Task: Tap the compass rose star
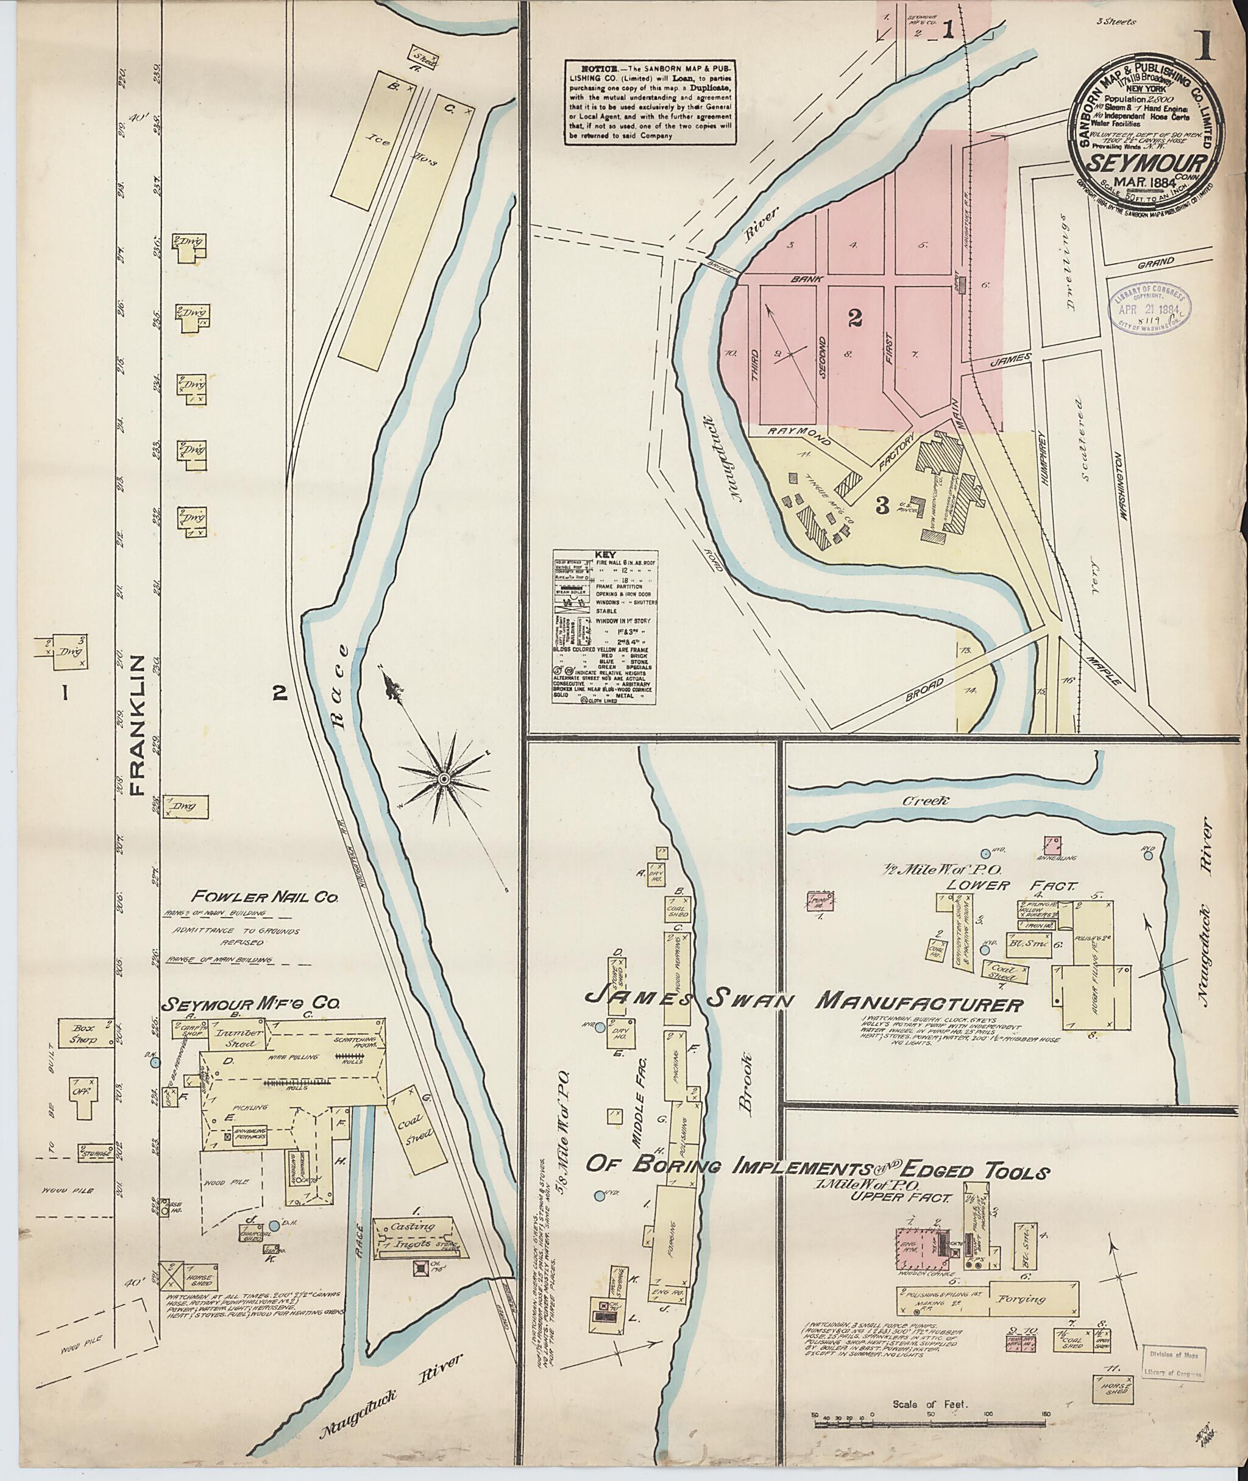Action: (444, 779)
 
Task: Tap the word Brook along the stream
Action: (746, 1093)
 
